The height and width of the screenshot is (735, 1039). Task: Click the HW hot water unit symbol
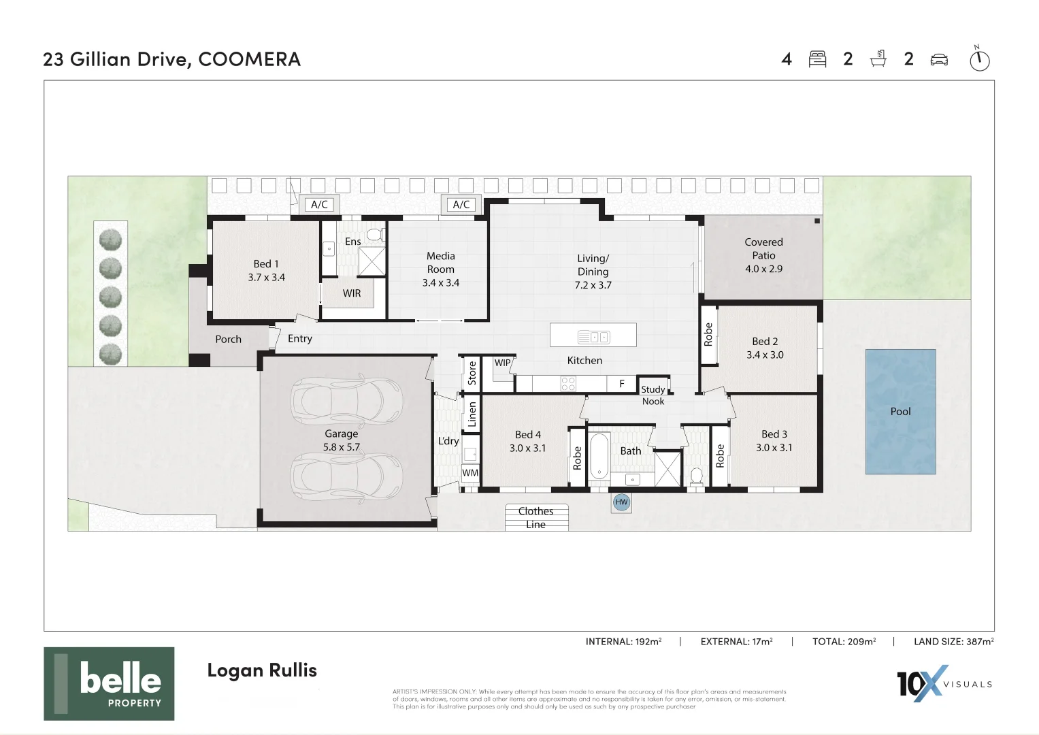click(x=621, y=502)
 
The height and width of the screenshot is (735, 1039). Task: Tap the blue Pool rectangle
click(x=900, y=412)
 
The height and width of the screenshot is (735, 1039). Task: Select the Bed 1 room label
click(x=266, y=264)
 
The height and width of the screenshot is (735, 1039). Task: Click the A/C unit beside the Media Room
click(x=461, y=204)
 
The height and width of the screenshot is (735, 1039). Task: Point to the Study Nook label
click(x=653, y=395)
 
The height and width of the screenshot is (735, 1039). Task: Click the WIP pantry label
click(x=502, y=363)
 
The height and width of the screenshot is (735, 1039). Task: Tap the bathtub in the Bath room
click(x=599, y=456)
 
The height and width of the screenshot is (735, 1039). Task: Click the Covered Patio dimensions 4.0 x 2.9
click(x=763, y=269)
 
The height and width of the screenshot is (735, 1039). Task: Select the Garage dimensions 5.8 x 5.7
click(x=341, y=447)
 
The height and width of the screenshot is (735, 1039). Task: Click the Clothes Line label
click(x=535, y=517)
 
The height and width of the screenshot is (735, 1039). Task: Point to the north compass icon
click(x=979, y=59)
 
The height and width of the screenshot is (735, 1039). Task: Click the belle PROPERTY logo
click(x=109, y=683)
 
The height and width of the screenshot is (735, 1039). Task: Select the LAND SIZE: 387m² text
click(x=953, y=641)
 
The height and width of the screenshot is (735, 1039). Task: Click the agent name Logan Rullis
click(x=262, y=670)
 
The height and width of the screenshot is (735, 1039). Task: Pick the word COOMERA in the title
click(x=249, y=59)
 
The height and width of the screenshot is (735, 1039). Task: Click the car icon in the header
click(x=939, y=59)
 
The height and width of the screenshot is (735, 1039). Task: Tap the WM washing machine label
click(x=470, y=472)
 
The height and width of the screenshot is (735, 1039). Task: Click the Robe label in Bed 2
click(x=708, y=334)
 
